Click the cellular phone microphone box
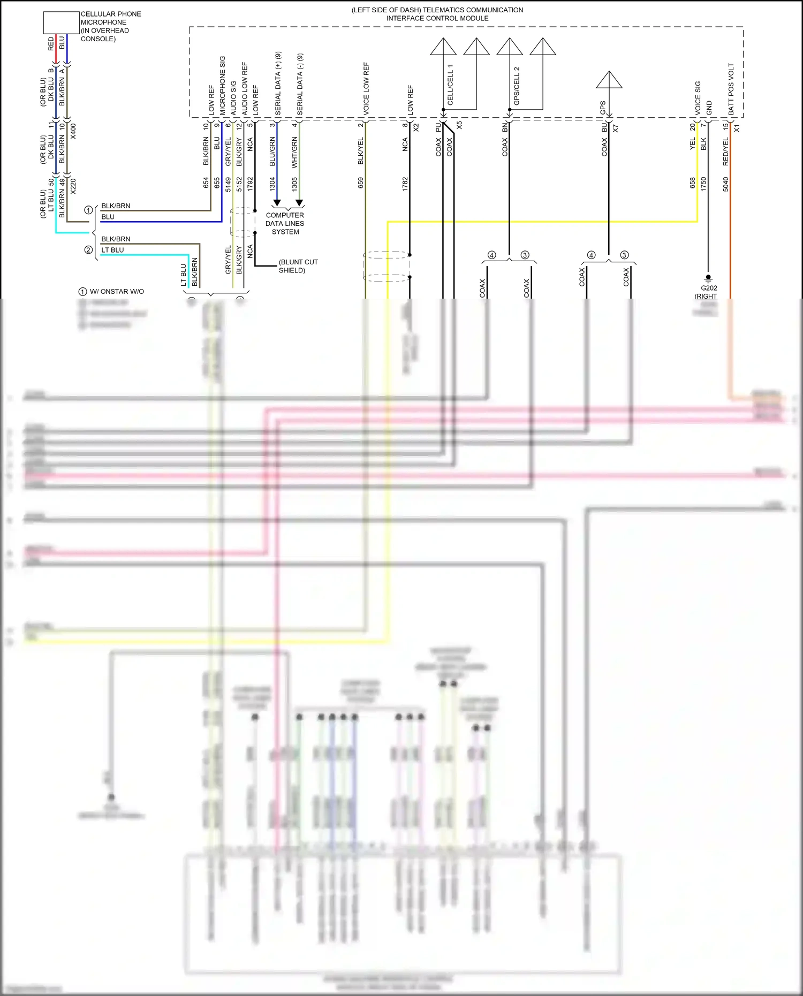(61, 22)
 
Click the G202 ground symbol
(708, 278)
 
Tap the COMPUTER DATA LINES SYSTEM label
(285, 224)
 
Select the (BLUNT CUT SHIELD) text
(298, 266)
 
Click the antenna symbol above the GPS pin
(609, 80)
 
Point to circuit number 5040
(726, 184)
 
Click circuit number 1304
(272, 184)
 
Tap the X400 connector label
(73, 132)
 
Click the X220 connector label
(73, 186)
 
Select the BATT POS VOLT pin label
(731, 89)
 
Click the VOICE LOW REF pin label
(366, 88)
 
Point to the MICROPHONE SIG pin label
(222, 86)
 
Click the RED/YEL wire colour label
(726, 151)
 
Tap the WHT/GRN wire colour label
(294, 152)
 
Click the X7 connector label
(615, 129)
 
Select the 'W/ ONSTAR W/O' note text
(117, 292)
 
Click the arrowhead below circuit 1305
(299, 203)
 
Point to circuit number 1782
(405, 184)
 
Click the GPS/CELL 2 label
(517, 86)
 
